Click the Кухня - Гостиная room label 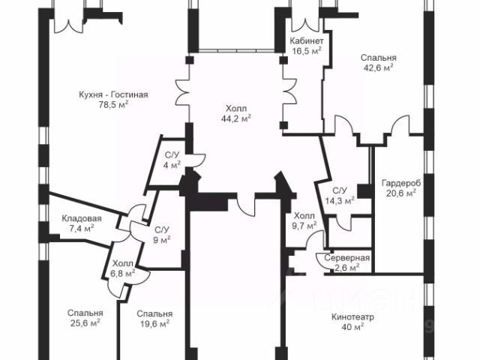point(113,94)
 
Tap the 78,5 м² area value point(113,105)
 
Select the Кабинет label point(307,41)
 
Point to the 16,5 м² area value point(307,51)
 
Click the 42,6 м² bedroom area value point(378,67)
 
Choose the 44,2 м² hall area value point(235,118)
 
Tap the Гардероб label point(400,183)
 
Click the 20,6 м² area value point(400,193)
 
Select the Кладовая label point(82,219)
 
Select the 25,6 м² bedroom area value point(84,323)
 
